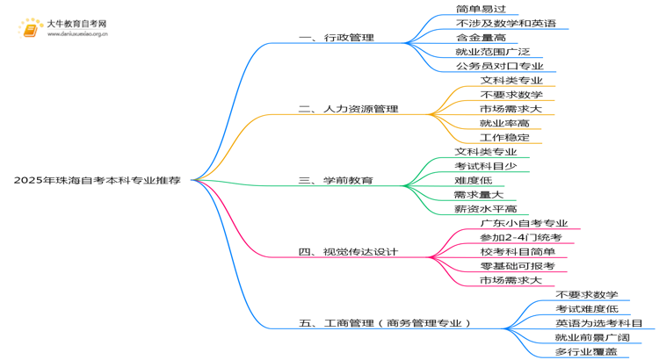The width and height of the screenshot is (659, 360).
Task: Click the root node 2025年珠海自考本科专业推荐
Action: (97, 180)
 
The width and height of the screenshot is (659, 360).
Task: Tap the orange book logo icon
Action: (30, 29)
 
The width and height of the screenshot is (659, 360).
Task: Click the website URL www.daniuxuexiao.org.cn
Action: (77, 34)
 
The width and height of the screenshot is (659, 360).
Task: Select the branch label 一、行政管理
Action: (337, 38)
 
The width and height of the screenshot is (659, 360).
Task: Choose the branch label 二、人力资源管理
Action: (349, 109)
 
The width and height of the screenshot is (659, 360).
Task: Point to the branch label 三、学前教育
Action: (336, 180)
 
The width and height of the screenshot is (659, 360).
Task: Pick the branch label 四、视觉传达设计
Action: (348, 252)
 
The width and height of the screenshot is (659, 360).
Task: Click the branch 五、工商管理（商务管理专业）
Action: (385, 323)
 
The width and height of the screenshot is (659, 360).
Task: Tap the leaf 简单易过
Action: (481, 9)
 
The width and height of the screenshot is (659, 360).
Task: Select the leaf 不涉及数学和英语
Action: (506, 23)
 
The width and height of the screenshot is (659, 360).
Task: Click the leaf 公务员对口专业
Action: (500, 66)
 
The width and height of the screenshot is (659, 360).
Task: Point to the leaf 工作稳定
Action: (504, 137)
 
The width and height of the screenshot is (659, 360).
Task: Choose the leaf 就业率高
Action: (504, 123)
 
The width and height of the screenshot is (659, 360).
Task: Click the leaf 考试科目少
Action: (486, 166)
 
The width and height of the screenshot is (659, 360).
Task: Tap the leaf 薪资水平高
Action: (486, 209)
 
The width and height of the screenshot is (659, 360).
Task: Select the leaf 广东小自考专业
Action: (524, 223)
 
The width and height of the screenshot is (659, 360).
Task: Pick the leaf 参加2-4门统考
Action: (521, 237)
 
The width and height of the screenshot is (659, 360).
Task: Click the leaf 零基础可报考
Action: (518, 266)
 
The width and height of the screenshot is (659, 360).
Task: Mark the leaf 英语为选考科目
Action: (599, 323)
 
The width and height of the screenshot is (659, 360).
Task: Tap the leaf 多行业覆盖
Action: (586, 351)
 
